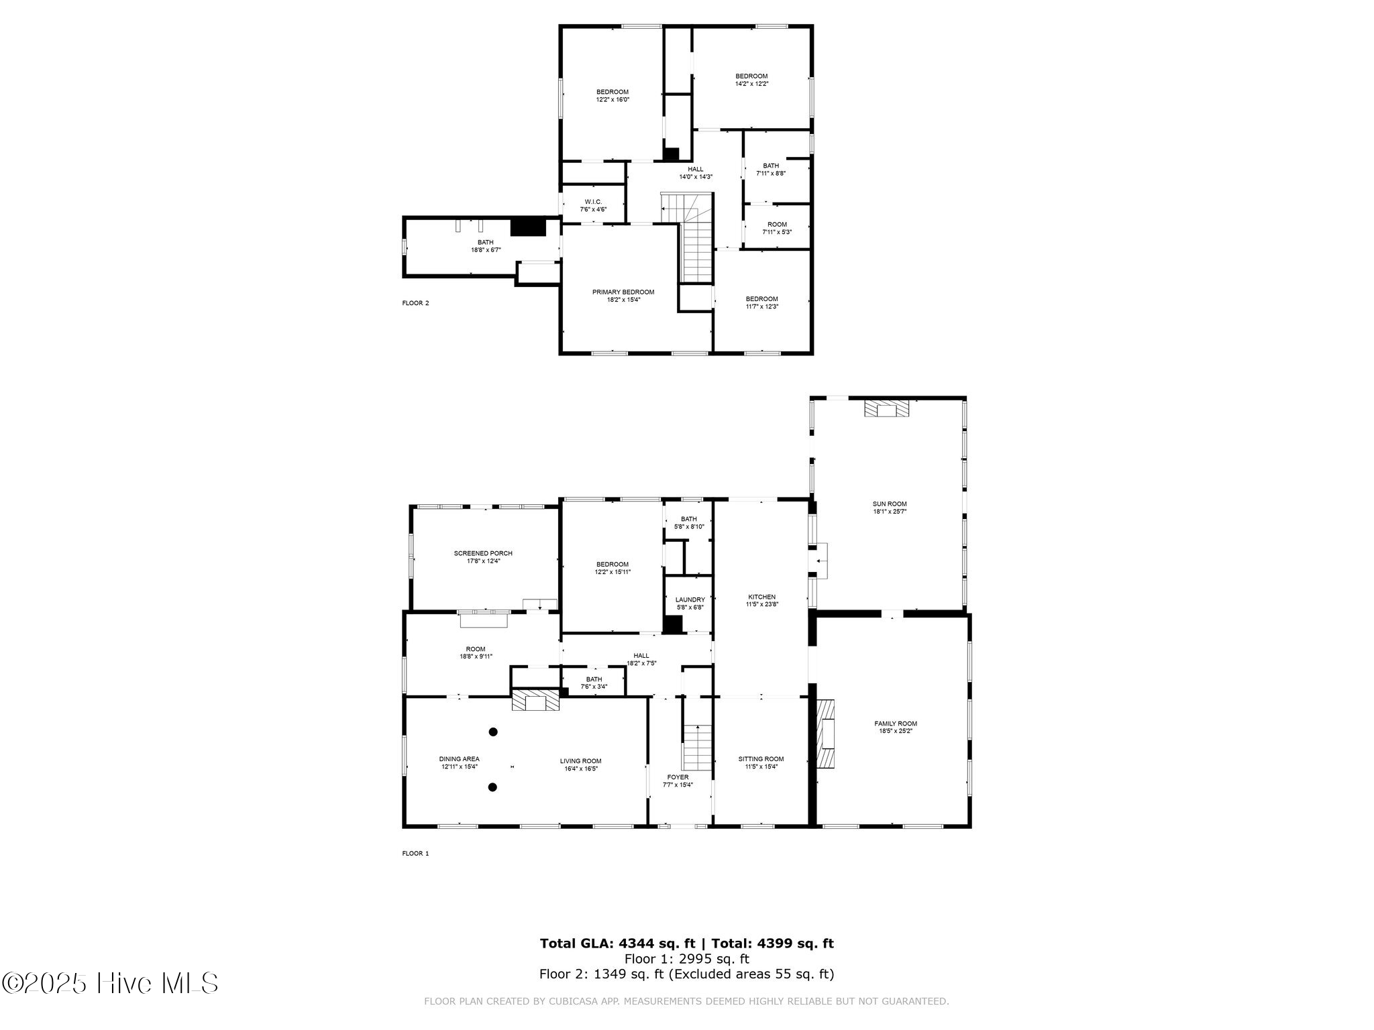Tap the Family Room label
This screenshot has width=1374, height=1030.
pyautogui.click(x=896, y=728)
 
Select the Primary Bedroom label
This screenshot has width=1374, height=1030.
pyautogui.click(x=623, y=296)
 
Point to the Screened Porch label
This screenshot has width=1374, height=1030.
pyautogui.click(x=483, y=557)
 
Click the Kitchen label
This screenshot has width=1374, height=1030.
pyautogui.click(x=762, y=601)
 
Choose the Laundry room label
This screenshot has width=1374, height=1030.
pyautogui.click(x=690, y=604)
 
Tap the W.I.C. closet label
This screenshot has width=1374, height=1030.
pyautogui.click(x=593, y=205)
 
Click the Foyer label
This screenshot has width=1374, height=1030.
pyautogui.click(x=678, y=781)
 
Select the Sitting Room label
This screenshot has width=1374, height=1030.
pyautogui.click(x=761, y=763)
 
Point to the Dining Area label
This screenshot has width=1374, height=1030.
pyautogui.click(x=460, y=763)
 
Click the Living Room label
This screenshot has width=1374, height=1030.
pyautogui.click(x=581, y=765)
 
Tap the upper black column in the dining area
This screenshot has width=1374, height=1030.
pyautogui.click(x=493, y=732)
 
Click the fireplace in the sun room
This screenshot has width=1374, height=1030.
pyautogui.click(x=887, y=409)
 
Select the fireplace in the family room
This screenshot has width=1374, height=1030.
pyautogui.click(x=827, y=734)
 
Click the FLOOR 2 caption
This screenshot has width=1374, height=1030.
pyautogui.click(x=415, y=303)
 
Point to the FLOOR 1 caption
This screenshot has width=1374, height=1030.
pyautogui.click(x=415, y=854)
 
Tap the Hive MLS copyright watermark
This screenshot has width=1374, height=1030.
pyautogui.click(x=110, y=984)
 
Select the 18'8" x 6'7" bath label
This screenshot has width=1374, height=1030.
pyautogui.click(x=486, y=246)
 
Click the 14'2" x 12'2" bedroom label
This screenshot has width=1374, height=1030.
pyautogui.click(x=751, y=80)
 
